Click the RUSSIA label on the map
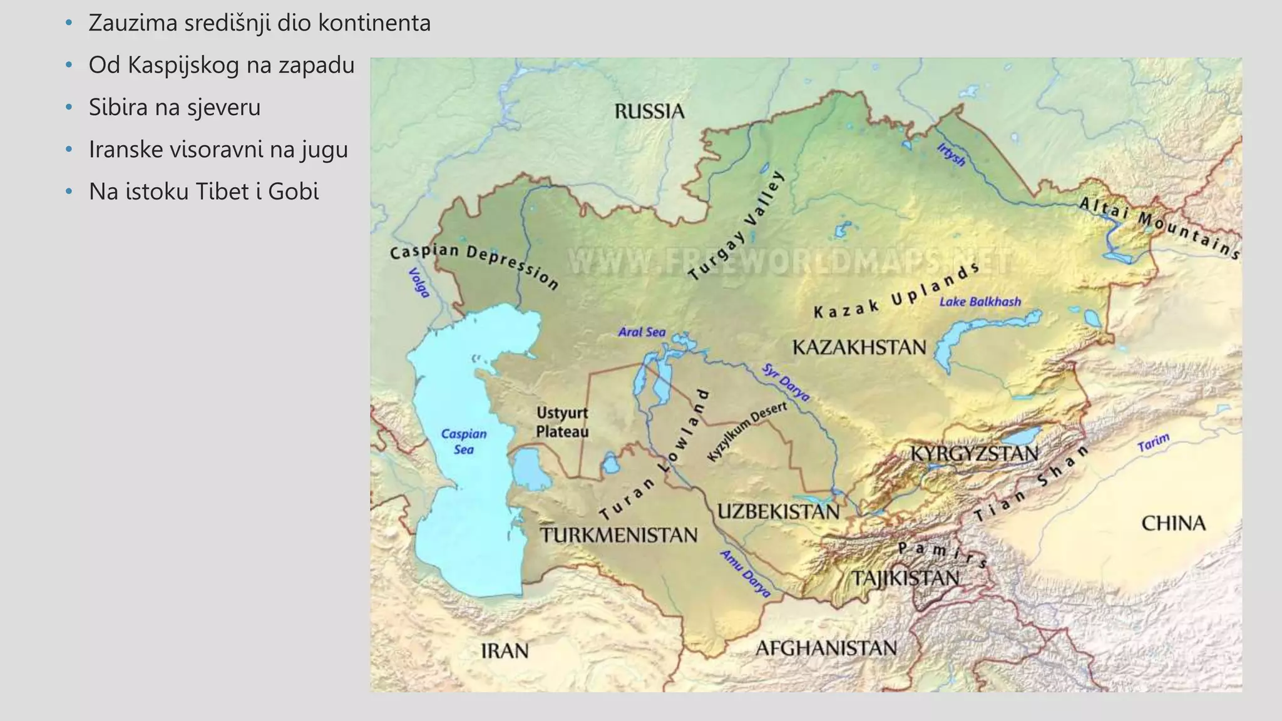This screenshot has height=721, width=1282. pos(649,111)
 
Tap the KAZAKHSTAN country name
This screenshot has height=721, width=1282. pos(859,347)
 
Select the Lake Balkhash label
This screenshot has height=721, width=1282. pos(980,302)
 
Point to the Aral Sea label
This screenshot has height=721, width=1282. pos(642,332)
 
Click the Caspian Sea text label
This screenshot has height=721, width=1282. pos(463,442)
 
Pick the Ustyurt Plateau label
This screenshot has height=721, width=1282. pos(562,422)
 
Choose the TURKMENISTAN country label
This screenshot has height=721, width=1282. pos(618,535)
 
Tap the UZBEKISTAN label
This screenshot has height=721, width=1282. pos(778,512)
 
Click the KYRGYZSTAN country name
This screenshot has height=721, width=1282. pos(973,454)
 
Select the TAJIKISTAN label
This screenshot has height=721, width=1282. pos(905,578)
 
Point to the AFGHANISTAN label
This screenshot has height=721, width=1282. pos(826,648)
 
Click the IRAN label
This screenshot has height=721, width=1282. pos(505,652)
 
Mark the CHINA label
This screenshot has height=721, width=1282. pos(1173,523)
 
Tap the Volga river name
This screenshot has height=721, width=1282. pos(419,283)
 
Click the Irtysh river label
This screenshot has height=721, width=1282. pos(951,155)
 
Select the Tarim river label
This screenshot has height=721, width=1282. pos(1153,442)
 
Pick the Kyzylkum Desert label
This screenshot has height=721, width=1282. pos(746,432)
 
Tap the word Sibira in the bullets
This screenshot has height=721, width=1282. pos(118,108)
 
